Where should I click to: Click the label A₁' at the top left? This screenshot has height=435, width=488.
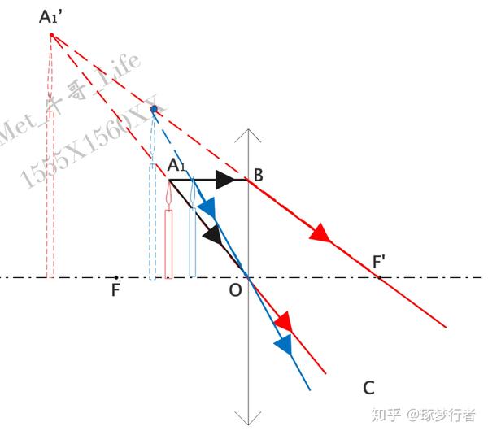[x=50, y=15]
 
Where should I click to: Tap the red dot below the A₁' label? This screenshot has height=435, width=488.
[x=51, y=35]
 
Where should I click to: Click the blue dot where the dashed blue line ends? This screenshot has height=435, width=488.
[x=154, y=109]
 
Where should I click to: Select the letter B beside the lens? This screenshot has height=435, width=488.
[x=258, y=175]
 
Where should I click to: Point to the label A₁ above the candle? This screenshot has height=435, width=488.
[x=176, y=167]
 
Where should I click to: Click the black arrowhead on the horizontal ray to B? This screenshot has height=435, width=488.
[x=225, y=180]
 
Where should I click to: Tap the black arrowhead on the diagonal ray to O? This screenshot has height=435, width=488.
[x=212, y=235]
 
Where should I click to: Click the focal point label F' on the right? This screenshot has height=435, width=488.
[x=379, y=263]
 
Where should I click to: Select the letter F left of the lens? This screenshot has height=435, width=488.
[x=115, y=290]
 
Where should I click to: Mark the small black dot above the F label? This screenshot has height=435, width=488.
[x=115, y=277]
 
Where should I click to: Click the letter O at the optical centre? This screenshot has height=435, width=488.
[x=235, y=290]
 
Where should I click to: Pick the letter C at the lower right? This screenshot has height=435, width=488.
[x=369, y=388]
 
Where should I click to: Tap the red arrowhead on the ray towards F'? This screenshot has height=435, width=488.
[x=320, y=233]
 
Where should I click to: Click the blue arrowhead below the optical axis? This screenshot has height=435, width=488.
[x=283, y=345]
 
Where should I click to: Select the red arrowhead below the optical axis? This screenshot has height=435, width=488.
[x=283, y=321]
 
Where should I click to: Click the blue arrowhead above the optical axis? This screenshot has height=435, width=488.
[x=207, y=210]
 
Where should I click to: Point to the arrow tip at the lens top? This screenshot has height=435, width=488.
[x=247, y=131]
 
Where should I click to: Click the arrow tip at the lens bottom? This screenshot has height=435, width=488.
[x=247, y=422]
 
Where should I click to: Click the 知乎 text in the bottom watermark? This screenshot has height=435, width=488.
[x=386, y=415]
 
